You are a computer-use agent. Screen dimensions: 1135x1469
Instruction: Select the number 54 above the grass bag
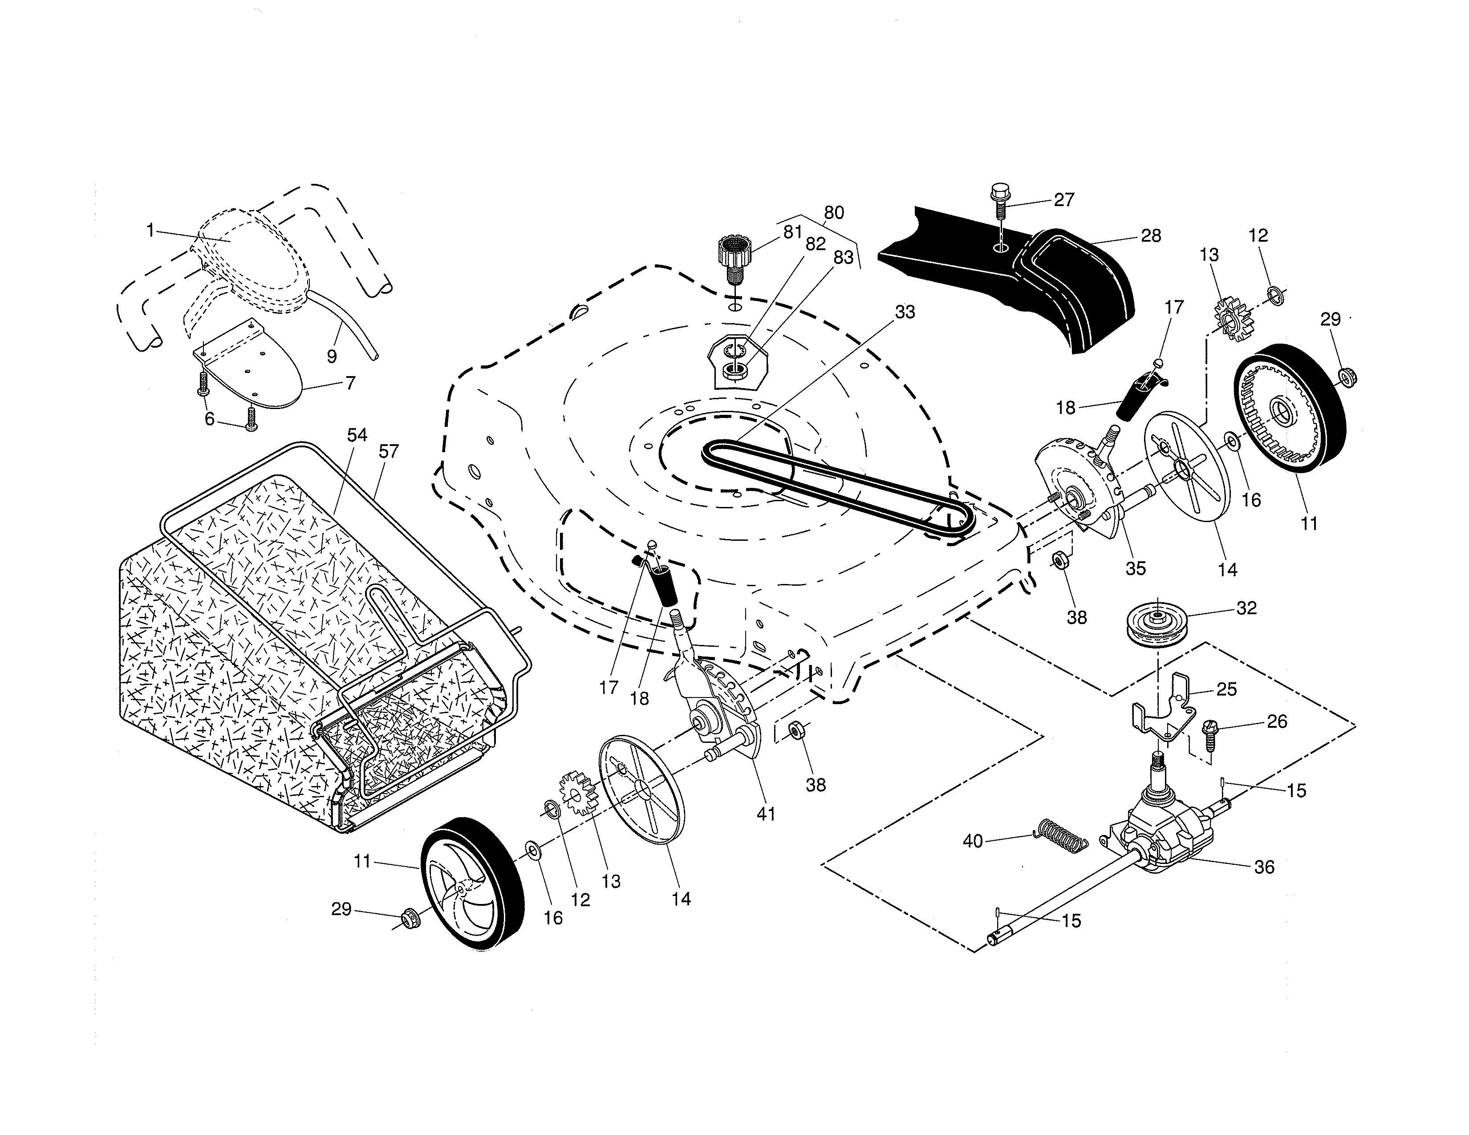357,435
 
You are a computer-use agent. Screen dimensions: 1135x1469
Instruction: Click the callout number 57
389,451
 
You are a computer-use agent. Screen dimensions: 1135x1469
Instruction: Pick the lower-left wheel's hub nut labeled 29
408,918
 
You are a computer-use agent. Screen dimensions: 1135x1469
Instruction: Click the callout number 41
766,814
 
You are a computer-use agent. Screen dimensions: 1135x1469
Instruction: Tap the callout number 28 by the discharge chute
1151,235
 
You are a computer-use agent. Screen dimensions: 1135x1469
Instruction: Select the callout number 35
1136,568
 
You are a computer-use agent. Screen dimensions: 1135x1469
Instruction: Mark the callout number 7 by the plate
350,383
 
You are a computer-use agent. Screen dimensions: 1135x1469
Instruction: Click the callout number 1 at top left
150,231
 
